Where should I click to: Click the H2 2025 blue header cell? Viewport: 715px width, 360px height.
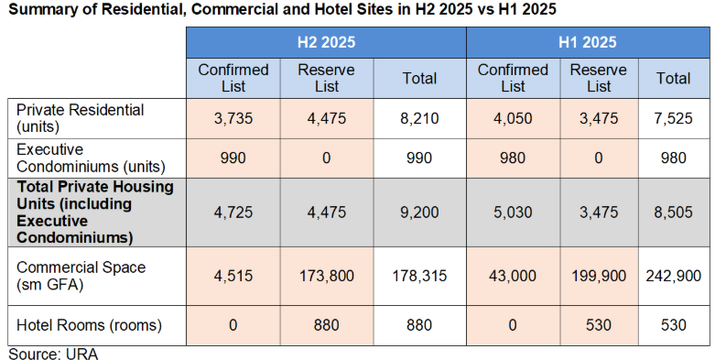(326, 42)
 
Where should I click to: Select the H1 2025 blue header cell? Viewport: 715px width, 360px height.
(588, 42)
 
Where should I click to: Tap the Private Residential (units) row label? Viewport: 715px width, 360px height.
(80, 118)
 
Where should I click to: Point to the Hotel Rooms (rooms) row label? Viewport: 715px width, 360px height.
(89, 325)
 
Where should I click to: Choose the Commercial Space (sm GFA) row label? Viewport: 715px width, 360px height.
(81, 276)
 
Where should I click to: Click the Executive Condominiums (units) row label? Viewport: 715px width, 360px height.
(91, 158)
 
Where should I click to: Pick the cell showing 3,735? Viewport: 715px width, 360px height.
(233, 119)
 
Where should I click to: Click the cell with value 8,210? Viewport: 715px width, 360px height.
(419, 119)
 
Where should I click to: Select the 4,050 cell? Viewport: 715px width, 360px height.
(513, 119)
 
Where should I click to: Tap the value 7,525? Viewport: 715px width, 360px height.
(674, 119)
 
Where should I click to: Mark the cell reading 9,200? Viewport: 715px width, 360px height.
(419, 213)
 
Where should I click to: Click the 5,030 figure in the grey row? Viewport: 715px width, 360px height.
(513, 213)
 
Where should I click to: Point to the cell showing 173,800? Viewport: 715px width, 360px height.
(327, 276)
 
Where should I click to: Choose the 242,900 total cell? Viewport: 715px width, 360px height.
(674, 276)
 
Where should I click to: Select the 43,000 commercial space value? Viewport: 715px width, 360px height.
(513, 276)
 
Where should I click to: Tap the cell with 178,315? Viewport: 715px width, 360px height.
(419, 276)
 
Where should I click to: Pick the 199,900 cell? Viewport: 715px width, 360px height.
(599, 276)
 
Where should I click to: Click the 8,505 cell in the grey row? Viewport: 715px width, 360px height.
(674, 213)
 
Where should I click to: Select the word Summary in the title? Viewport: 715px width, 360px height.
(38, 9)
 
